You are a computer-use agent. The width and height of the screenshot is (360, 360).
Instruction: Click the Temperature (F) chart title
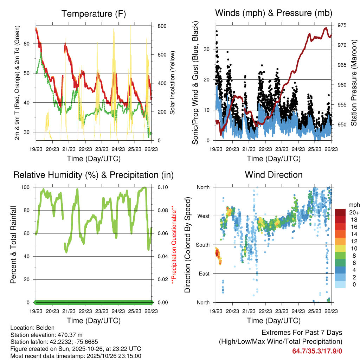click(94, 14)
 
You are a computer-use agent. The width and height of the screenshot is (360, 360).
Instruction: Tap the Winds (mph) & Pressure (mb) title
click(274, 13)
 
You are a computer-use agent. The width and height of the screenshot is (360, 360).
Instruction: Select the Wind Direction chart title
click(274, 174)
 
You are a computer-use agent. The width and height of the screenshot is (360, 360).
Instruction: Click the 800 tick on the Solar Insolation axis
click(162, 26)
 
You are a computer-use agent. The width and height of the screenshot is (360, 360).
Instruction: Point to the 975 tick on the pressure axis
click(342, 25)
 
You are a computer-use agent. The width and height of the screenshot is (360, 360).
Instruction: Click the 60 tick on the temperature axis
click(30, 44)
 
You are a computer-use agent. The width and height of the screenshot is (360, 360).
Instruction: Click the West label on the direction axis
click(203, 216)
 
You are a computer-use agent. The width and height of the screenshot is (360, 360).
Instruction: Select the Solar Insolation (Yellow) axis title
click(173, 83)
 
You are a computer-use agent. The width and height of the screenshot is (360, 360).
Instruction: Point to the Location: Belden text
click(32, 328)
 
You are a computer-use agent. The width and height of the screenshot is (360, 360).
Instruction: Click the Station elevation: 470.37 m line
click(46, 335)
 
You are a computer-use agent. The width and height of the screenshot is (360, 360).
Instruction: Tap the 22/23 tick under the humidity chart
click(85, 311)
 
